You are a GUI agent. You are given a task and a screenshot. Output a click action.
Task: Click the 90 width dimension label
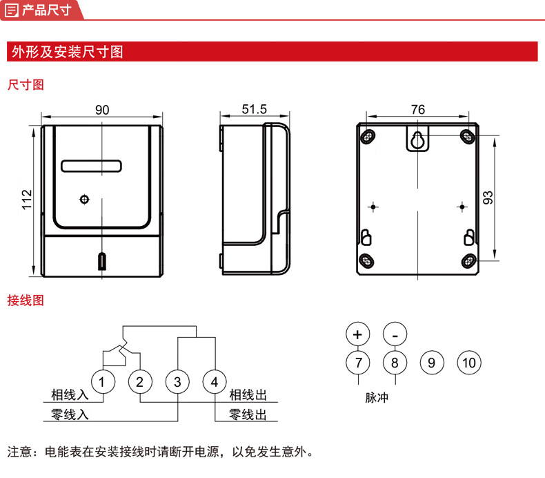click(x=102, y=110)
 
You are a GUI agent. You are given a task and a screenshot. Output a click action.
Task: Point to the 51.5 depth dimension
click(x=254, y=110)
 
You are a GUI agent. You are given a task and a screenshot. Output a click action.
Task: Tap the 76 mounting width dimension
click(x=417, y=110)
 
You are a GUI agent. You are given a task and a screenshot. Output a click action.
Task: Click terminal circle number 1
click(x=102, y=382)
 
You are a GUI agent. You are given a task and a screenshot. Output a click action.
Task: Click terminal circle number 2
click(x=139, y=382)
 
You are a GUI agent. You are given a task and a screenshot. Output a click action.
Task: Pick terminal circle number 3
click(x=177, y=382)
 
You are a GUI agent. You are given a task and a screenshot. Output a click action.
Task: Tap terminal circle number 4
click(x=215, y=382)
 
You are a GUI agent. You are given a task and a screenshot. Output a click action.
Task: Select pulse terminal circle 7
click(x=357, y=363)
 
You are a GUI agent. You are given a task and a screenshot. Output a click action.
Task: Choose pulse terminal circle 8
click(x=395, y=363)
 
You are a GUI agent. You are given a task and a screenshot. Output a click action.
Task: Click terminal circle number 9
click(x=432, y=363)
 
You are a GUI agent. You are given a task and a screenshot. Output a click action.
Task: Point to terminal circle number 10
click(x=469, y=363)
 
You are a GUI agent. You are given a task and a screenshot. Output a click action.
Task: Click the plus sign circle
click(x=357, y=334)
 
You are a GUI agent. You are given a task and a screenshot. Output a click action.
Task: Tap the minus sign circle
click(x=395, y=334)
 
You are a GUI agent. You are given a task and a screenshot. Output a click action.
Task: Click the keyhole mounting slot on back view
click(x=417, y=141)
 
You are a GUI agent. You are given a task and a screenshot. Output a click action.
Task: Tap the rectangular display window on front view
click(x=91, y=166)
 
